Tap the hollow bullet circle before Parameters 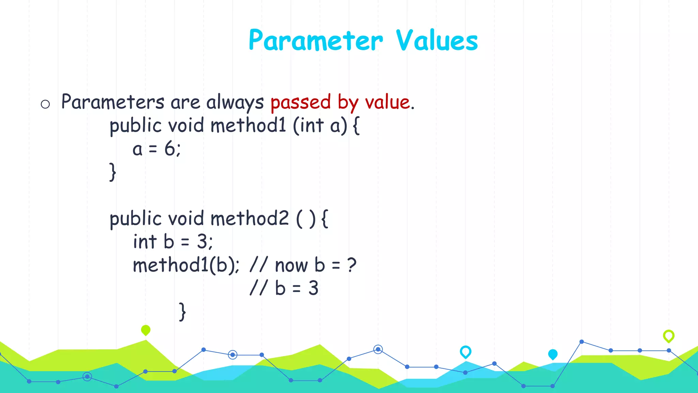(x=45, y=104)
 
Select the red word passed (x=300, y=102)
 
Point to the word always (x=235, y=102)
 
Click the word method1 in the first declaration (x=248, y=125)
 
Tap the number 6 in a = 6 (x=170, y=149)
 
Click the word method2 (x=249, y=218)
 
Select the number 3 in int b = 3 (x=202, y=242)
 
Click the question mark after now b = (x=352, y=265)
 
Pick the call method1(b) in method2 (x=186, y=265)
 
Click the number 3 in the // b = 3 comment (x=313, y=288)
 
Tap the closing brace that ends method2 (x=183, y=311)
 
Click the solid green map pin (x=146, y=330)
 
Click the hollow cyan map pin (x=465, y=351)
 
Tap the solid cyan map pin (x=552, y=354)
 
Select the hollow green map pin (x=668, y=336)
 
